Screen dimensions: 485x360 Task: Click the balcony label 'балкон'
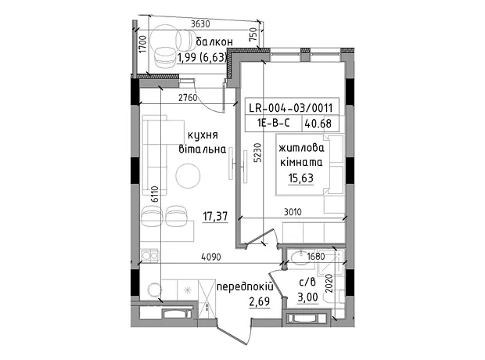coord(214,42)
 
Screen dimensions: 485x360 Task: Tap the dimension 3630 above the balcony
coord(200,23)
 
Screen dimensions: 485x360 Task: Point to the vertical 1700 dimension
coord(142,44)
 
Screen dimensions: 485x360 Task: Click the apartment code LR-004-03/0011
coord(291,108)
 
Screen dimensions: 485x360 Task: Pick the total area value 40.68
coord(318,124)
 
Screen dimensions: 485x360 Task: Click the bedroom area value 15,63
coord(301,178)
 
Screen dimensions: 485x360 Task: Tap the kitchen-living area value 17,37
coord(215,216)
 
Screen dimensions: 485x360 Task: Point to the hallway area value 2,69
coord(260,301)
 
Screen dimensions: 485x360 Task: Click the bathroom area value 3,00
coord(307,297)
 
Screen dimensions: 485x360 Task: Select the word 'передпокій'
coord(245,287)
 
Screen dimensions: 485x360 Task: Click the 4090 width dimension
coord(211,257)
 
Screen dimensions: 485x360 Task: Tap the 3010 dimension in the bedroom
coord(293,212)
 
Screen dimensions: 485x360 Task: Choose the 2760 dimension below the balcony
coord(188,98)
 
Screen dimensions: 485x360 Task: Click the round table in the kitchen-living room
coord(188,176)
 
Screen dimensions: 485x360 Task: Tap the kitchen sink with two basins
coord(150,256)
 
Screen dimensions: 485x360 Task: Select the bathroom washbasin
coord(299,258)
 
